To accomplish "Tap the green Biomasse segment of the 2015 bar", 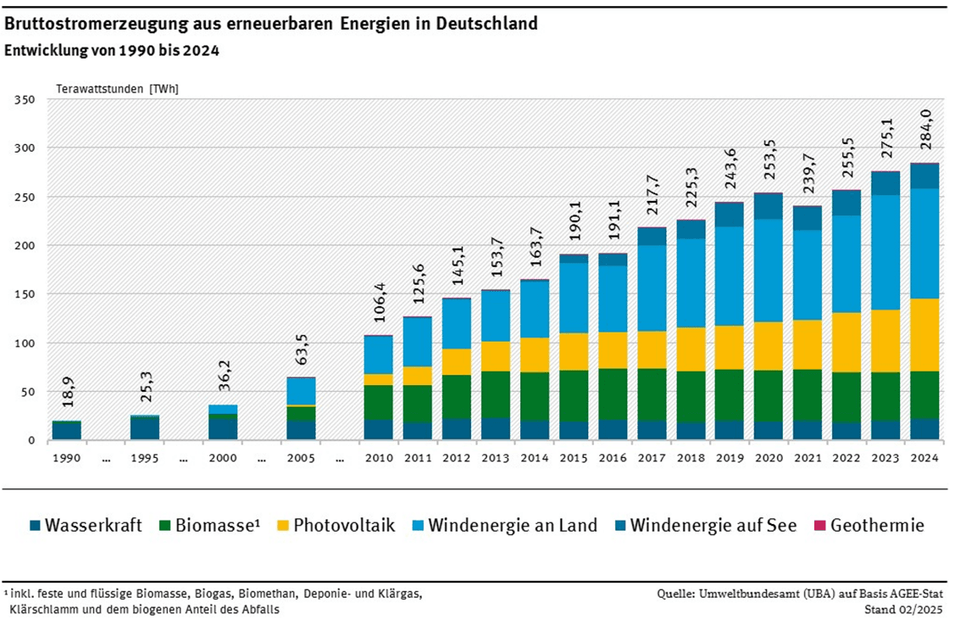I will pyautogui.click(x=574, y=395).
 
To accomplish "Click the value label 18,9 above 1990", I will pyautogui.click(x=66, y=396).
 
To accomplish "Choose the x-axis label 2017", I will pyautogui.click(x=652, y=458).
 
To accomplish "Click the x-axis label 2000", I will pyautogui.click(x=223, y=458).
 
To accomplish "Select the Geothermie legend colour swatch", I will pyautogui.click(x=819, y=526).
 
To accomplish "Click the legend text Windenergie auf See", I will pyautogui.click(x=713, y=526).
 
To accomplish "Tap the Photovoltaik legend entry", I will pyautogui.click(x=343, y=526).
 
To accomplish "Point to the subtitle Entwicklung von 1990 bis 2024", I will pyautogui.click(x=112, y=51).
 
